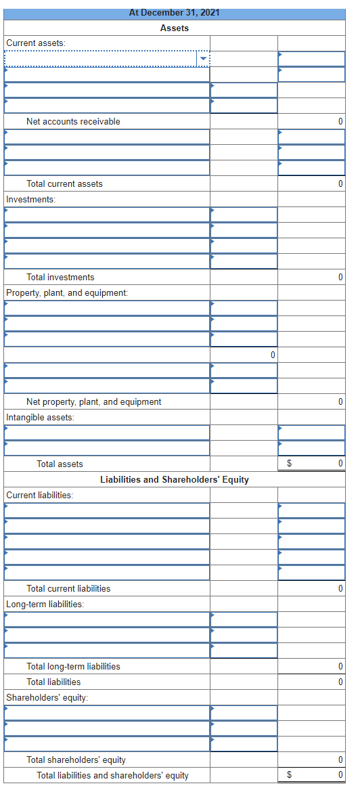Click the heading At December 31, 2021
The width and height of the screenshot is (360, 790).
tap(175, 13)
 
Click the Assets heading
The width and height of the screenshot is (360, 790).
tap(175, 28)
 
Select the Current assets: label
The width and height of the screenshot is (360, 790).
tap(36, 43)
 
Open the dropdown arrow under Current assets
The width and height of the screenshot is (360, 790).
tap(202, 59)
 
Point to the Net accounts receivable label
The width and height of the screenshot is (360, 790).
tap(73, 121)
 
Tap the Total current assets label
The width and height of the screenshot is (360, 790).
tap(64, 183)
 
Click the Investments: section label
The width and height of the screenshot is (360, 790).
tap(30, 199)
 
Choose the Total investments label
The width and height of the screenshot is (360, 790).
tap(60, 277)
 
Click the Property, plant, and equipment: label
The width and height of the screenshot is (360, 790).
tap(66, 292)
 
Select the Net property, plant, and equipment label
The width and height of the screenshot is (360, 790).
tap(93, 401)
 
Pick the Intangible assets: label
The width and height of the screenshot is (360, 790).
tap(40, 417)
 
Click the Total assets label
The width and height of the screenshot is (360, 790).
tap(60, 464)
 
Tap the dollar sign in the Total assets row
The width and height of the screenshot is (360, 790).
tap(290, 464)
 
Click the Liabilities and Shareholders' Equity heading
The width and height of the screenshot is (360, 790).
tap(175, 479)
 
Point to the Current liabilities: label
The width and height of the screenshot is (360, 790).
tap(40, 495)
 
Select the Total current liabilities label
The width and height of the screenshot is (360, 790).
tap(68, 588)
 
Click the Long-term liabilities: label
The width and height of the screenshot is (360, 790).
tap(45, 604)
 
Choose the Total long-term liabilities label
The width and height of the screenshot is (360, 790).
tap(73, 666)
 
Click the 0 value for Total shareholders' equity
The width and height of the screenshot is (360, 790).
tap(340, 760)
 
